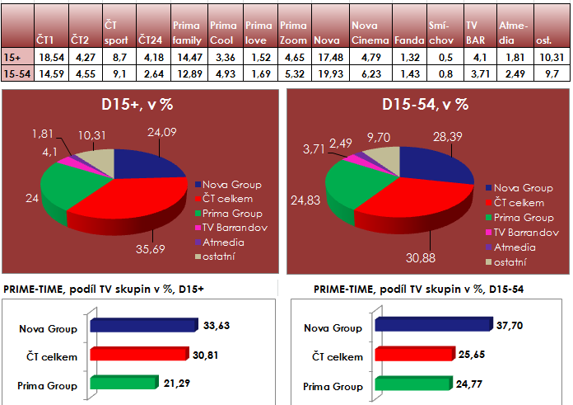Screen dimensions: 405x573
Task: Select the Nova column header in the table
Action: click(327, 39)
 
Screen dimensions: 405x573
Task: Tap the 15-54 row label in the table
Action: click(18, 73)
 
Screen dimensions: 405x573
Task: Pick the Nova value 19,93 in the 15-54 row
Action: click(328, 73)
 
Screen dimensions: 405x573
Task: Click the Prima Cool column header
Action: click(224, 32)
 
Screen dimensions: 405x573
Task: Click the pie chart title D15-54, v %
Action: click(425, 105)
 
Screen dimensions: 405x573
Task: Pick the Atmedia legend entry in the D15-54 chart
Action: click(514, 247)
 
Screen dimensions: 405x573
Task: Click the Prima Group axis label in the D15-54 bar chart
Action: click(334, 386)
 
